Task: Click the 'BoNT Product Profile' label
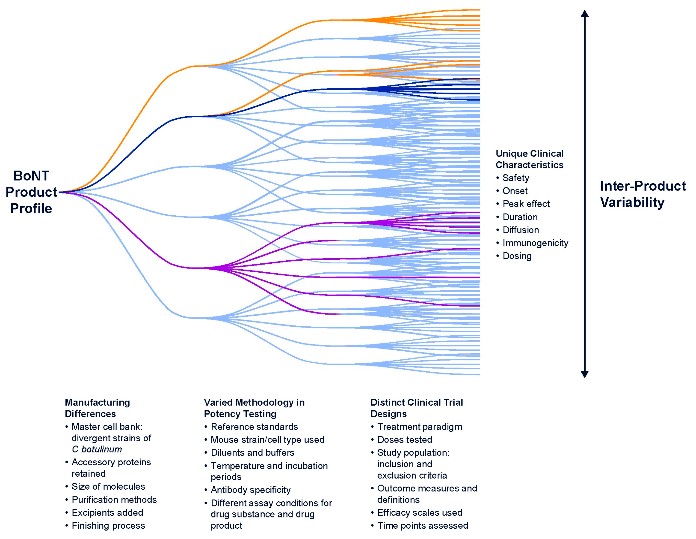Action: tap(31, 192)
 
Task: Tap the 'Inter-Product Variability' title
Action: tap(643, 194)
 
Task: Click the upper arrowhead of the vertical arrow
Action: tap(584, 13)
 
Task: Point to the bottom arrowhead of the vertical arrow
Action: tap(584, 374)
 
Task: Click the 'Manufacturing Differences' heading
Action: tap(97, 408)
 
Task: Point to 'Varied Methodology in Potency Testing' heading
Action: tap(254, 408)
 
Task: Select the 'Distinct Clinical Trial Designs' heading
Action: tap(417, 408)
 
